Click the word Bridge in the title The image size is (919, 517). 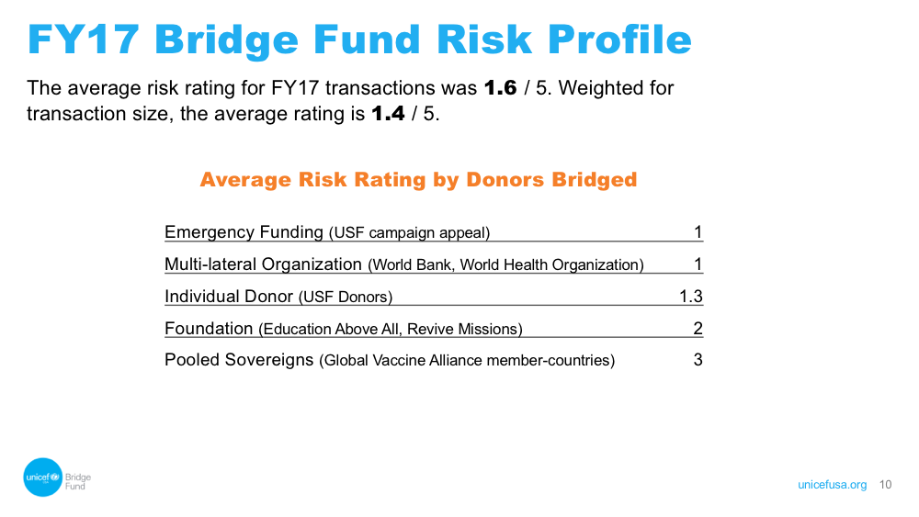(226, 40)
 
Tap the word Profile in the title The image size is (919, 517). (619, 40)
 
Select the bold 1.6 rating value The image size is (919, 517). (501, 88)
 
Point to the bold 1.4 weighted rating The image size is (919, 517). (388, 113)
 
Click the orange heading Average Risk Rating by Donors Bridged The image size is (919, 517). (418, 180)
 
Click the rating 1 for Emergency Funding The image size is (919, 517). (698, 232)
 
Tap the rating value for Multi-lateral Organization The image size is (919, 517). (698, 264)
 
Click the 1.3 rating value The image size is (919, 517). (691, 297)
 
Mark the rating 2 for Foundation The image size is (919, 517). (698, 329)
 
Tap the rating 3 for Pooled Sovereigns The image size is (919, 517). (698, 359)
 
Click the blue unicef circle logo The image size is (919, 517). (43, 478)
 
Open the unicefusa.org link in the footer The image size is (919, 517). (833, 485)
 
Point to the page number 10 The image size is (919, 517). (885, 485)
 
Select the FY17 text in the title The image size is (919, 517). (84, 40)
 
